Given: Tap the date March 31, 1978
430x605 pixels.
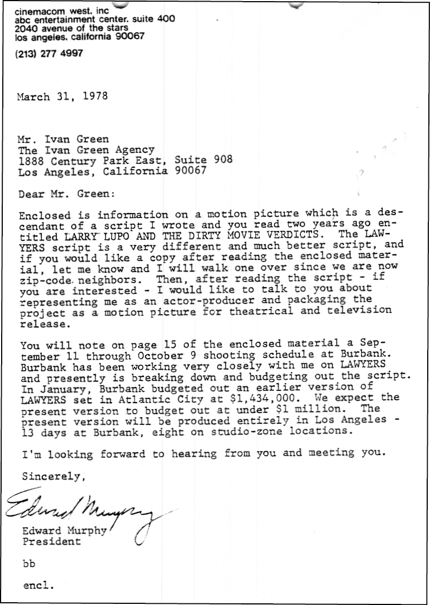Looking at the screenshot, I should coord(62,96).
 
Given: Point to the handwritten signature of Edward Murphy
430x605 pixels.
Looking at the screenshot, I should coord(84,510).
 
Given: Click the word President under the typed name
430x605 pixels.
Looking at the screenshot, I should coord(51,541).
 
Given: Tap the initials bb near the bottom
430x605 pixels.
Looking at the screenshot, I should coord(29,563).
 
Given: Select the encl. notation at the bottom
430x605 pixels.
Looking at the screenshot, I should coord(39,585).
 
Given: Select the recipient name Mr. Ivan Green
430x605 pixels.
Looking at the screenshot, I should coord(63,139).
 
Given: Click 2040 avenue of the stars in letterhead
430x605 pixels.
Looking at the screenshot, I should coord(71,27).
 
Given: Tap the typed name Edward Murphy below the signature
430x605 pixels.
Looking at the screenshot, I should coord(64,531).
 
